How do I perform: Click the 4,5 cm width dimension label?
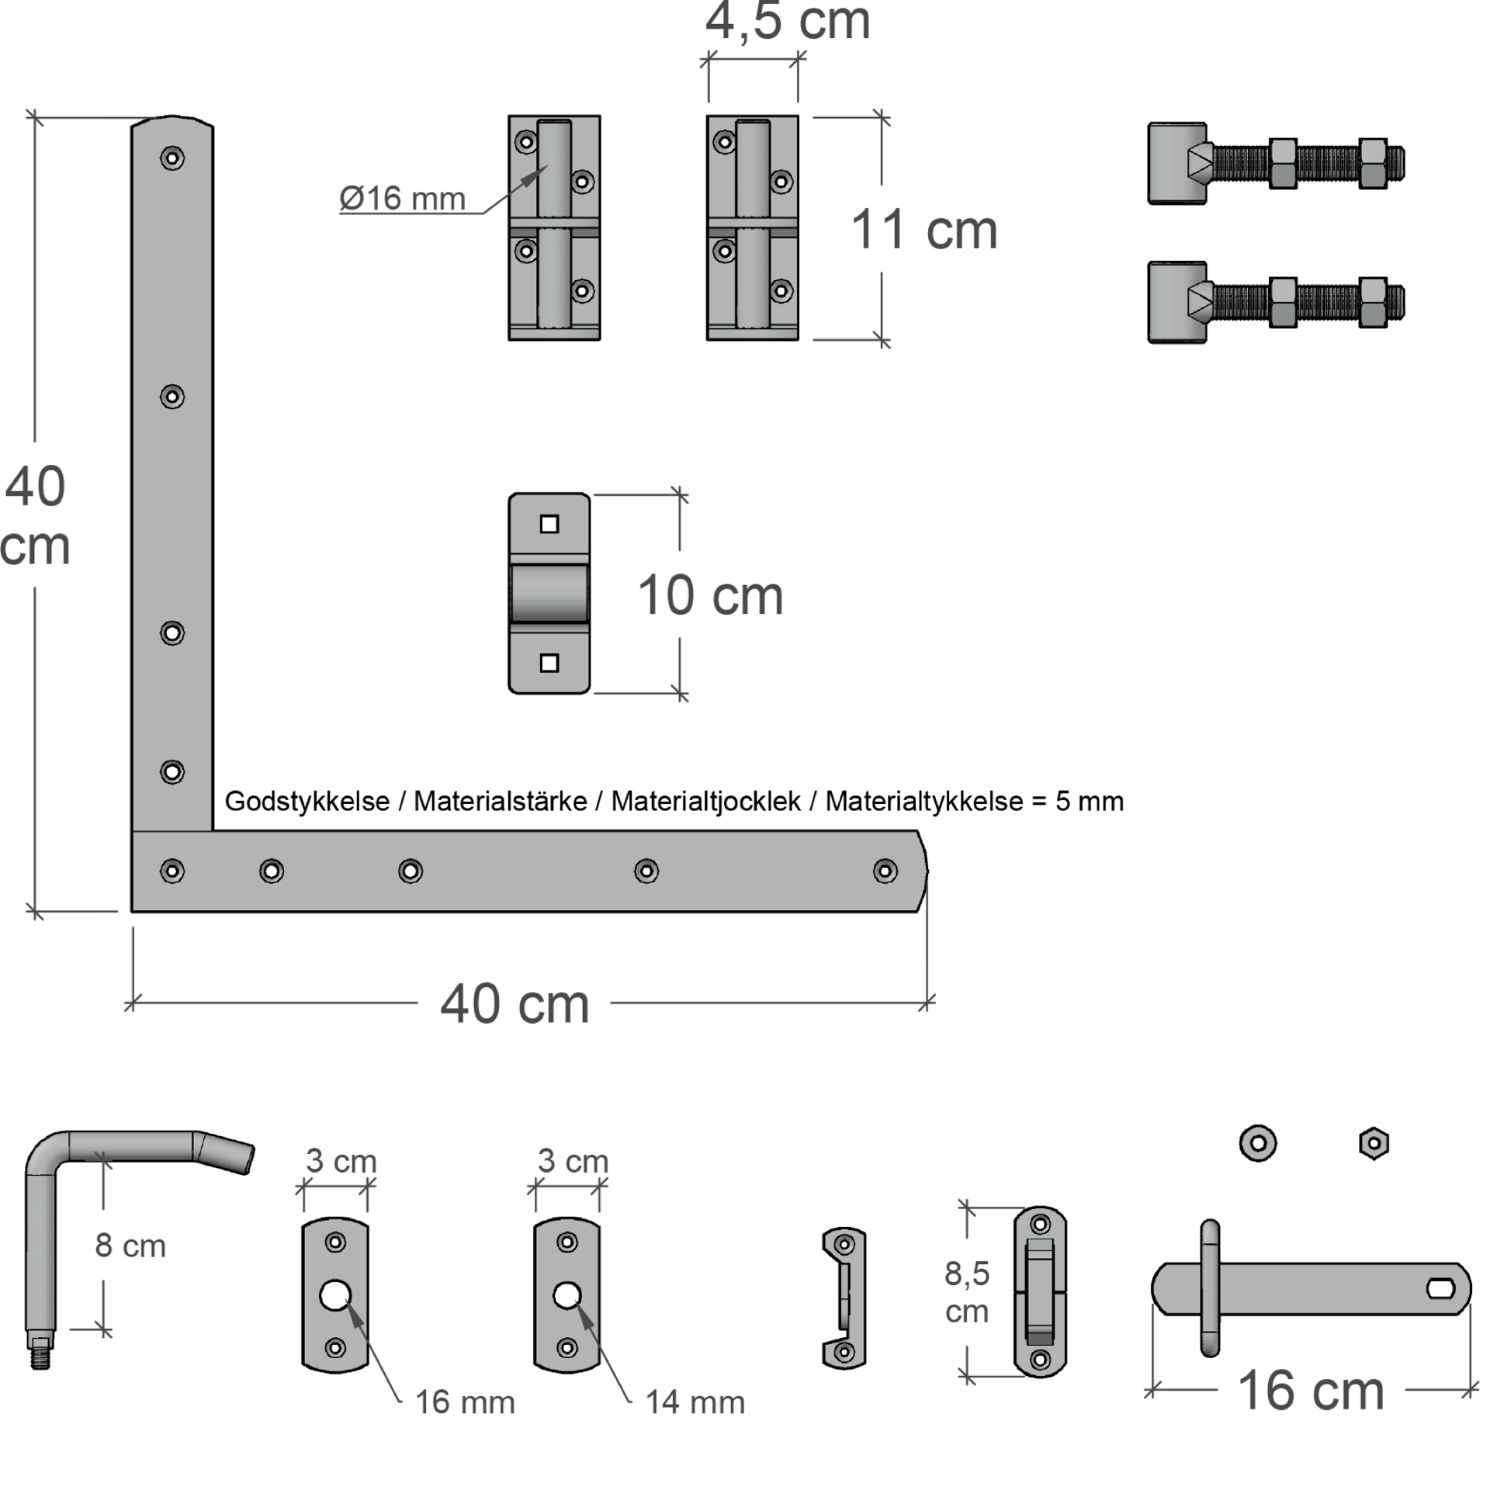click(787, 21)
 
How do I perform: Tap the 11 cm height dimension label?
click(923, 230)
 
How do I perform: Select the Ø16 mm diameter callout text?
click(402, 199)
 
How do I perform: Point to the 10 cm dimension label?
click(710, 595)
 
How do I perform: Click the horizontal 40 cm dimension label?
click(515, 1003)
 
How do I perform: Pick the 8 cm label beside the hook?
click(130, 1246)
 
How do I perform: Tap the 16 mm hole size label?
click(465, 1402)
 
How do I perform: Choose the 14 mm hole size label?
click(695, 1402)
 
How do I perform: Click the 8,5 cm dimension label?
click(967, 1292)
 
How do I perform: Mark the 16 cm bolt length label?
click(1311, 1390)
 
